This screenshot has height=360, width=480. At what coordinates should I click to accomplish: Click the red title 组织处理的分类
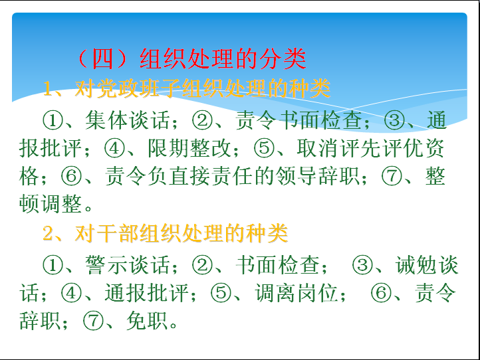[x=223, y=58]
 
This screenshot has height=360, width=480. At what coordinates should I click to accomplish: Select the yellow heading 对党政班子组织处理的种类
[x=202, y=89]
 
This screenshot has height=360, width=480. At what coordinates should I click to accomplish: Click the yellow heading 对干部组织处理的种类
[x=181, y=233]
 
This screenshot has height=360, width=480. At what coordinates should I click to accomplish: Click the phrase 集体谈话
[x=128, y=120]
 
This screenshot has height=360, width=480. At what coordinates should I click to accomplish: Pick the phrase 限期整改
[x=189, y=148]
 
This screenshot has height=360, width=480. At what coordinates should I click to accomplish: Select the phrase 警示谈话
[x=128, y=264]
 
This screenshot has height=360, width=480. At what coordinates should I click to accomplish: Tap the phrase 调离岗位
[x=297, y=293]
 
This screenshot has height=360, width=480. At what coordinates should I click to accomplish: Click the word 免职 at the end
[x=147, y=321]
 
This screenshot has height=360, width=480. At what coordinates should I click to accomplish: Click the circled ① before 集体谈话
[x=53, y=120]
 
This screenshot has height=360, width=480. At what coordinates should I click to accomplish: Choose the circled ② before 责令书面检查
[x=202, y=120]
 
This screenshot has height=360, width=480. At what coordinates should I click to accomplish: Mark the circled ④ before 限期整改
[x=114, y=148]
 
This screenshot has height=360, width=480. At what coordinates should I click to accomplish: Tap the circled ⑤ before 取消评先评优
[x=264, y=148]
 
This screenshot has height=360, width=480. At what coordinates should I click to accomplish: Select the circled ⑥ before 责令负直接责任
[x=71, y=177]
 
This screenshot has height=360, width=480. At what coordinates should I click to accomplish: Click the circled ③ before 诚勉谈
[x=362, y=265]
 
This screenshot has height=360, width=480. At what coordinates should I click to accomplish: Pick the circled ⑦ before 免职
[x=93, y=321]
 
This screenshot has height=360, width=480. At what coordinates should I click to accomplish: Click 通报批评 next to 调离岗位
[x=146, y=293]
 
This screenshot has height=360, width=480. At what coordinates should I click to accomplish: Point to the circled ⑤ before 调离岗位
[x=221, y=293]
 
